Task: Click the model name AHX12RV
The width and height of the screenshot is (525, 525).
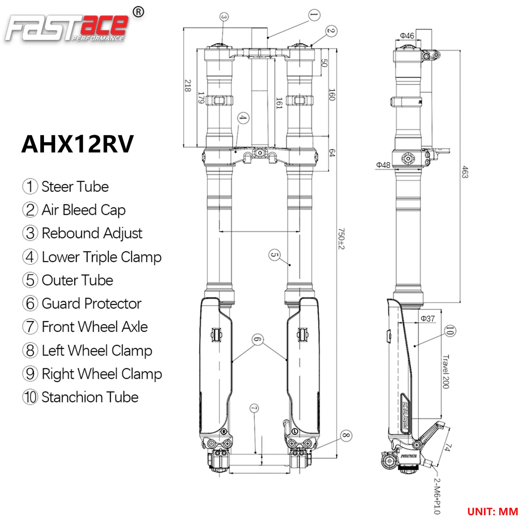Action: coord(77,144)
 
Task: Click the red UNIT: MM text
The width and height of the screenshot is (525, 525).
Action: coord(492,512)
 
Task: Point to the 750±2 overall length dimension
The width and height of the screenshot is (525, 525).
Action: coord(341,239)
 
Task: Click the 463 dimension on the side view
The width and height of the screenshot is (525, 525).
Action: coord(465,172)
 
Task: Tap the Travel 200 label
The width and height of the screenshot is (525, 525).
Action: coord(446,371)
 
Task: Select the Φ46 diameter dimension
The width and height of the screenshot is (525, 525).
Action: coord(407,36)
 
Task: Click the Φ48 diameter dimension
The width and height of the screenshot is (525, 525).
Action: coord(383,165)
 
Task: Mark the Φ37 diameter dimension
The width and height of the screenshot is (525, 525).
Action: coord(428,319)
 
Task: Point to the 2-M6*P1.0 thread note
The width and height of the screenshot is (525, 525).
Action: coord(437,496)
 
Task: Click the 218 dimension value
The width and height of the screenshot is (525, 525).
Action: coord(187,86)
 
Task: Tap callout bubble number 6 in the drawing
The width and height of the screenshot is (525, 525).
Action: coord(258,340)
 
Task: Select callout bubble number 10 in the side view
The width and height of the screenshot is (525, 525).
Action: coord(450,331)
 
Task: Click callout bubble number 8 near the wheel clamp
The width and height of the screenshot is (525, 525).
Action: coord(346,435)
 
